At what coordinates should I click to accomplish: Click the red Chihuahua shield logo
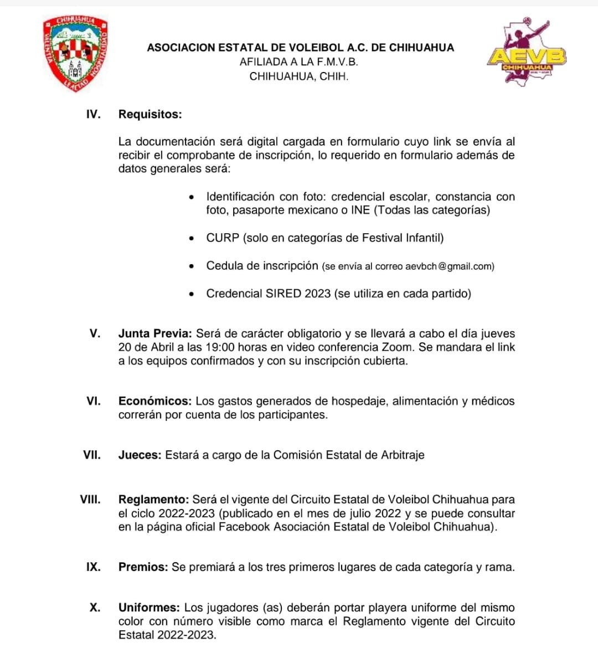[75, 54]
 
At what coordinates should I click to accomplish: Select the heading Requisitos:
[150, 115]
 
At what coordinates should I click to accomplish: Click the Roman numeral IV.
[94, 115]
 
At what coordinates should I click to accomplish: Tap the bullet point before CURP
[192, 239]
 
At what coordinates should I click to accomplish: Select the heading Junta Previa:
[155, 333]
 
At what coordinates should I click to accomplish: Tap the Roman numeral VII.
[92, 455]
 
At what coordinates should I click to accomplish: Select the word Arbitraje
[403, 455]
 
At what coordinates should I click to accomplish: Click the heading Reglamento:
[154, 500]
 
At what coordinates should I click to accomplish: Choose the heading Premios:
[143, 567]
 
